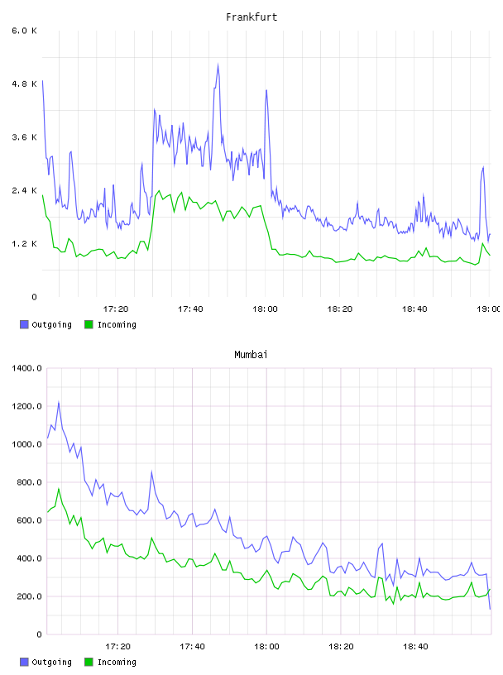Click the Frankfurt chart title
251,17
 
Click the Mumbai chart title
251,355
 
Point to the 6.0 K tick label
24,31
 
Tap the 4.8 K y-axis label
24,84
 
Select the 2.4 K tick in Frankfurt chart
24,191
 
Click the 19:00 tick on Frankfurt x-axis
488,309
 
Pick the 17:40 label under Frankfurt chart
190,309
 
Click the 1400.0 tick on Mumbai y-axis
26,368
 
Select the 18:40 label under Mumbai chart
415,647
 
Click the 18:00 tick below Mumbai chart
266,647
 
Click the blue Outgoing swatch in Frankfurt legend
24,324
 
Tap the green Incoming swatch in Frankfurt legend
89,324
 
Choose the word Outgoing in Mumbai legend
51,662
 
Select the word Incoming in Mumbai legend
117,662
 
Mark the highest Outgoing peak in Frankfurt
218,65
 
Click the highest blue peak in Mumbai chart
59,403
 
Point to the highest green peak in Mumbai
59,489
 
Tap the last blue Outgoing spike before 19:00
483,167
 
